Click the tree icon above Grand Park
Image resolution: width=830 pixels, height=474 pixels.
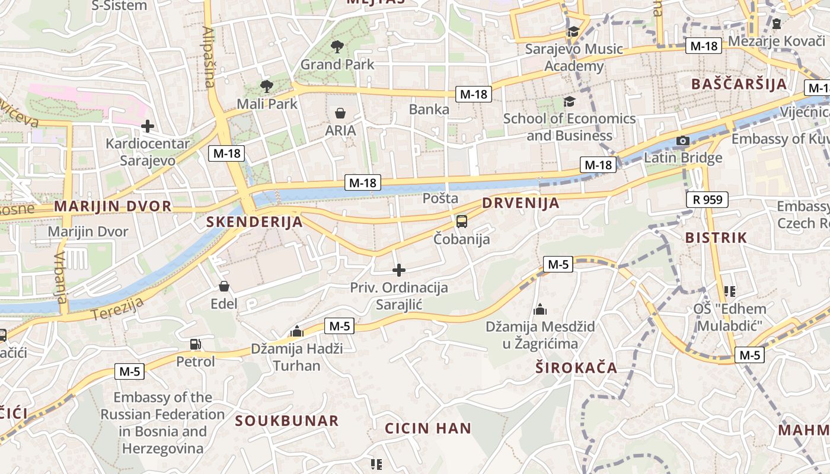[x=337, y=46]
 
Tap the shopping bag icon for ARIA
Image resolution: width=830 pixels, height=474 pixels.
[x=340, y=113]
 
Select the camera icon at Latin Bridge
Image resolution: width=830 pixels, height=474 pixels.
[x=683, y=141]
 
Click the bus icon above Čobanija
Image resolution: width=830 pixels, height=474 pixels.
[x=462, y=222]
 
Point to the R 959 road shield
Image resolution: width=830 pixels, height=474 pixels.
[x=707, y=200]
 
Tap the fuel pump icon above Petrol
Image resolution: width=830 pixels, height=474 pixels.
[x=195, y=344]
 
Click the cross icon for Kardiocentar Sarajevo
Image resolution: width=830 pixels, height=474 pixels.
[x=148, y=126]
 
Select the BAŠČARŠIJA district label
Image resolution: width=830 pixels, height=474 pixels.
[x=739, y=84]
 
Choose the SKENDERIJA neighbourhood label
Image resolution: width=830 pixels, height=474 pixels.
[x=254, y=222]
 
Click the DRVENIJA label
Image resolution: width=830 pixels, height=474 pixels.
[x=521, y=203]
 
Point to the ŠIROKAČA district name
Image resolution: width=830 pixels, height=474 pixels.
[x=576, y=368]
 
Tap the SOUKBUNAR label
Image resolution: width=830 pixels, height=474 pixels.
[x=287, y=421]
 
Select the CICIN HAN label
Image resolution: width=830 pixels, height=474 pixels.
[x=428, y=428]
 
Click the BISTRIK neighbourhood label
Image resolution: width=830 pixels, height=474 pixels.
[x=716, y=238]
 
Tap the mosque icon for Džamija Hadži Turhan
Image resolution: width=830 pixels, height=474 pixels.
[x=297, y=331]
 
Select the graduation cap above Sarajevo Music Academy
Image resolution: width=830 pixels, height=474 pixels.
[x=573, y=31]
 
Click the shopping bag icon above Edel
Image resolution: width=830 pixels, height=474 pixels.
[x=224, y=287]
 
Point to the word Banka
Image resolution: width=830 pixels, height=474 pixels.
[x=429, y=110]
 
